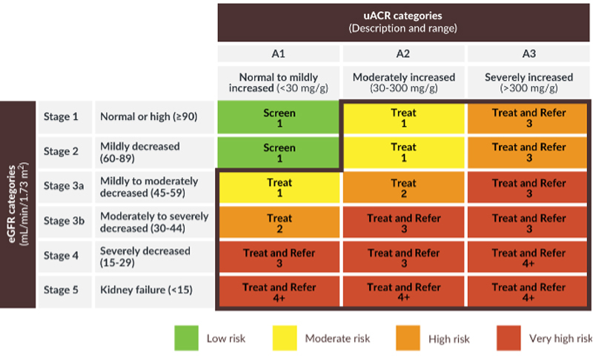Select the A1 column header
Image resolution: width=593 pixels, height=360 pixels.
(x=279, y=53)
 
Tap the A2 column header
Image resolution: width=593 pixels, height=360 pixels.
(x=403, y=53)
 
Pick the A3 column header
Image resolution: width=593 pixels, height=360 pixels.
(x=529, y=53)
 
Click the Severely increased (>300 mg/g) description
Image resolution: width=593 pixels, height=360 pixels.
(x=529, y=82)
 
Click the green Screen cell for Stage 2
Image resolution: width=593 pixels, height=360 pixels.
(x=279, y=153)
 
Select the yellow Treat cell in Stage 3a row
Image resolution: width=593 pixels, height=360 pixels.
(x=279, y=187)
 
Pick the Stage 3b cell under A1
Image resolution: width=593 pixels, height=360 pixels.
(x=279, y=223)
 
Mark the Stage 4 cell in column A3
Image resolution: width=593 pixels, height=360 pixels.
(x=528, y=258)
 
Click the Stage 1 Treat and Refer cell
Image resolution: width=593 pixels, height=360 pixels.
(x=528, y=118)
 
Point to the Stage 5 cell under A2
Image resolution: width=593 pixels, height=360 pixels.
(x=403, y=292)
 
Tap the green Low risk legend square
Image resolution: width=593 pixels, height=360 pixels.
(x=187, y=338)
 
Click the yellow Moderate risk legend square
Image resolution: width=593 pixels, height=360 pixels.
(x=285, y=338)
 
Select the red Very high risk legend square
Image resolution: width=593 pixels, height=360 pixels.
(x=508, y=338)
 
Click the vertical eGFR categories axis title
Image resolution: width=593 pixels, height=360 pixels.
(x=18, y=204)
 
